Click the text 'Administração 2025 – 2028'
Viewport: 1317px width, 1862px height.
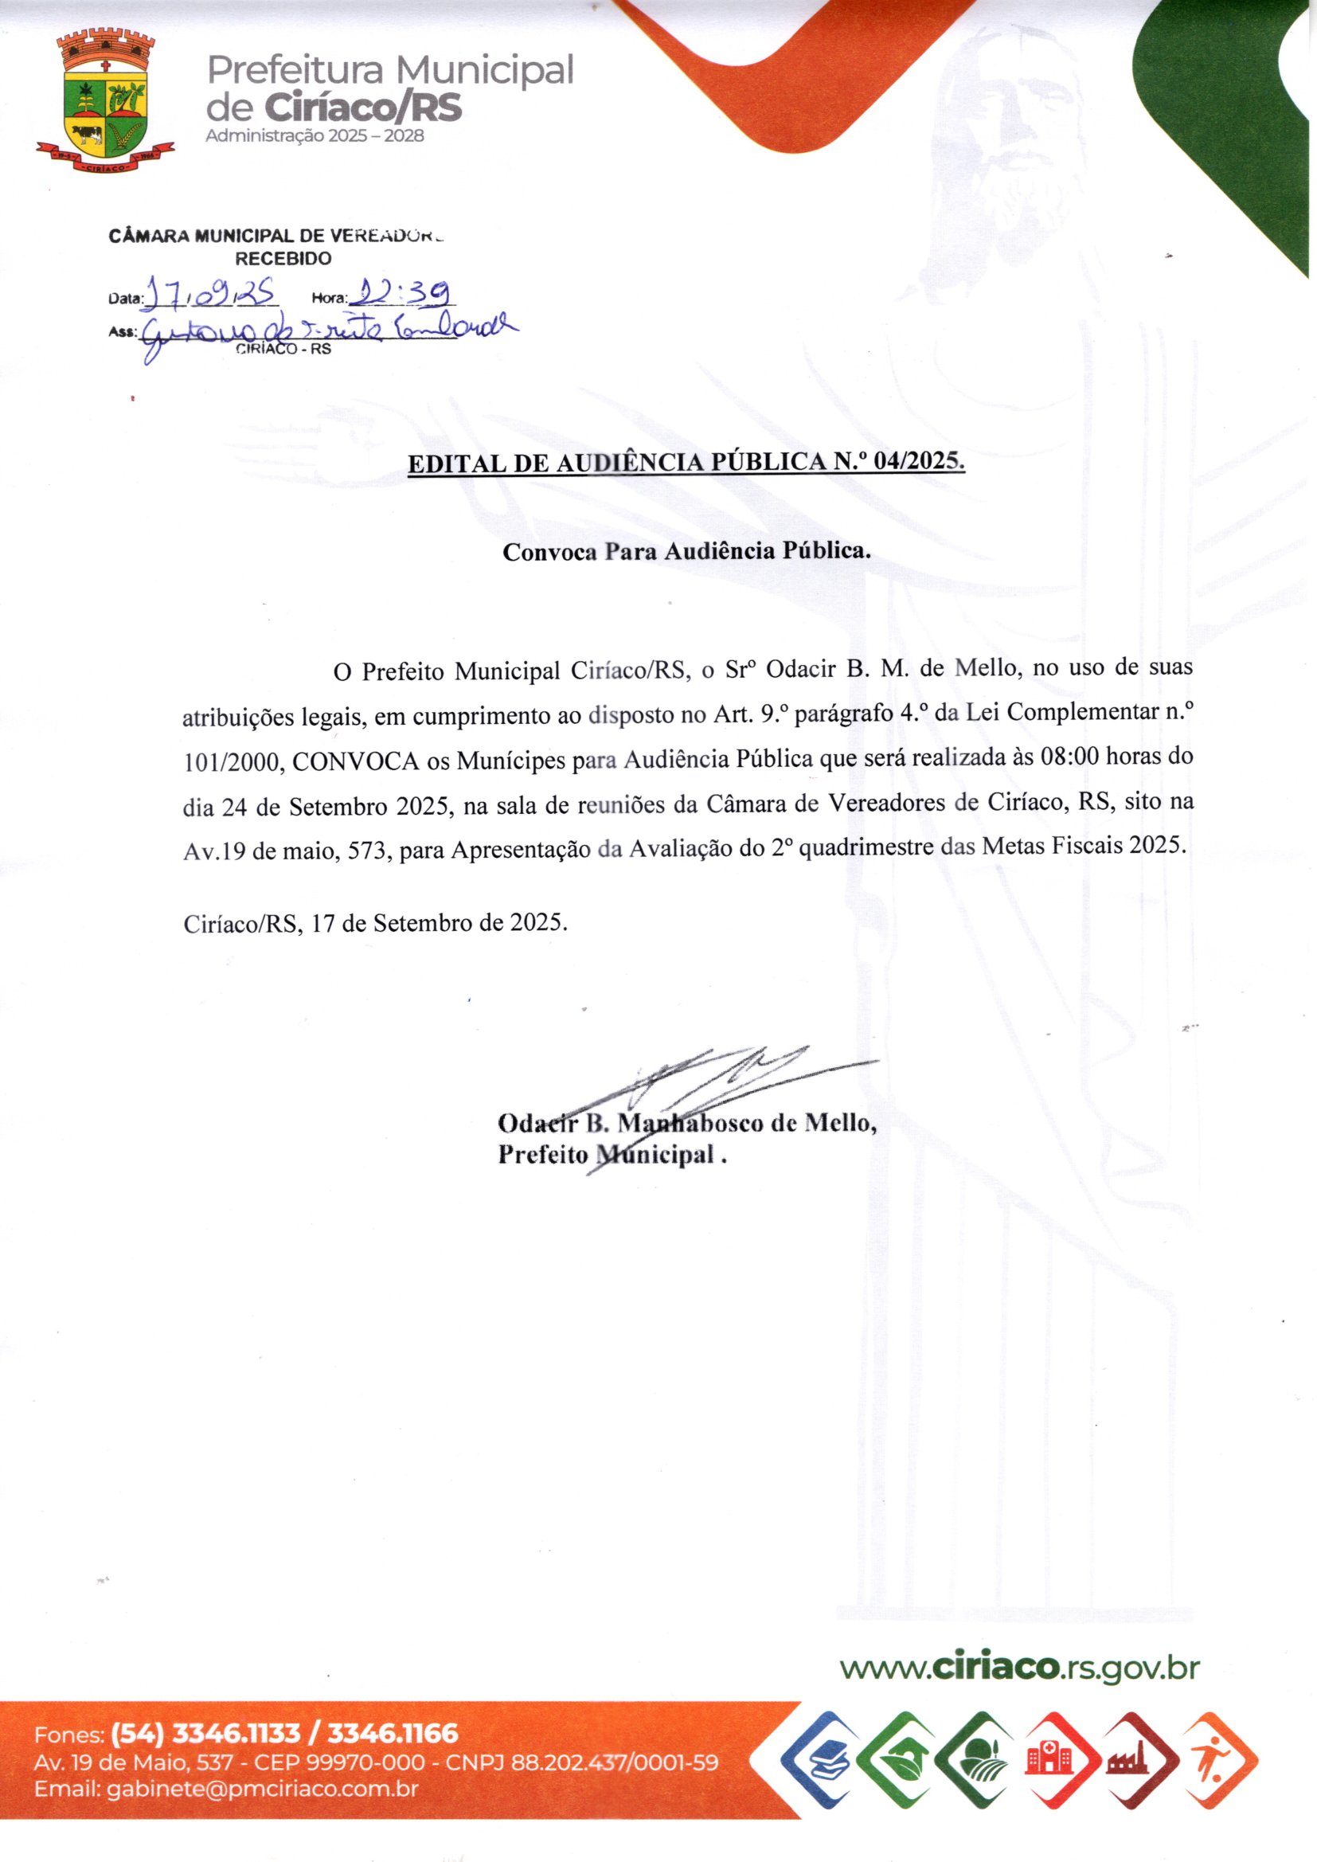coord(315,136)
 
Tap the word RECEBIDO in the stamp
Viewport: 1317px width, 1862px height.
coord(283,259)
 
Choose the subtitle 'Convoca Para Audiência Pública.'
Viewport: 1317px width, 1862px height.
coord(686,551)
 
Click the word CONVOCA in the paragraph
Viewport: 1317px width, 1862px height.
coord(355,762)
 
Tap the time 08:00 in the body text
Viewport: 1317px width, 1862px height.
coord(1068,758)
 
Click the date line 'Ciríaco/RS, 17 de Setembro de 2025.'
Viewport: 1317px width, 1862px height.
coord(376,923)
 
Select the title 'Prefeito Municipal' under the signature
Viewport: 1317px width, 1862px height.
coord(607,1154)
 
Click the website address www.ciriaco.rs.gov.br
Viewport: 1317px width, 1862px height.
coord(1018,1668)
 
